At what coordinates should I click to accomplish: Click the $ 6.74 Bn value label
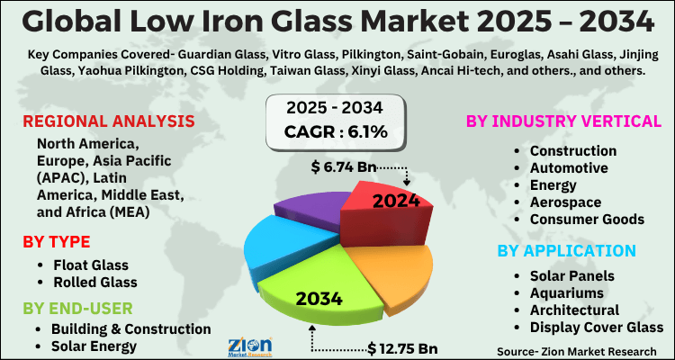343,166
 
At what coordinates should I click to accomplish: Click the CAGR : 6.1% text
337,132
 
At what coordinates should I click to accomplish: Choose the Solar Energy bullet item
94,346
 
